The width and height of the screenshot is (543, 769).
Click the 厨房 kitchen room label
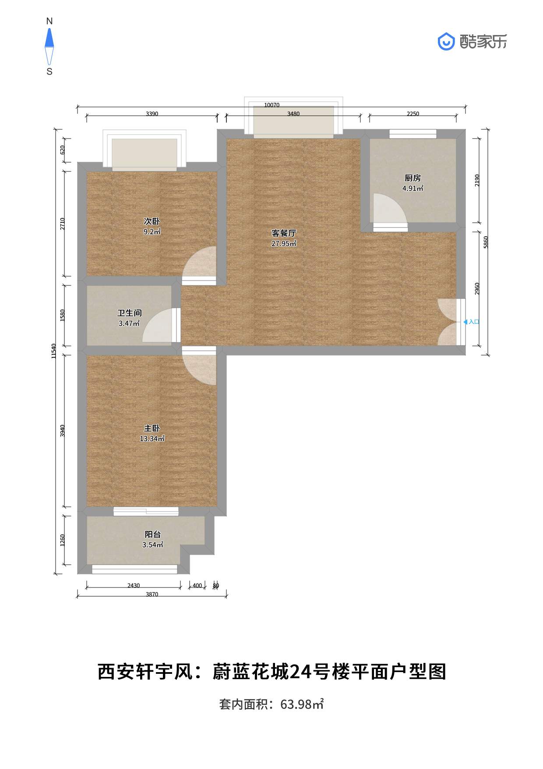(x=413, y=178)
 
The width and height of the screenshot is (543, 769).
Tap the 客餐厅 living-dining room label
(x=284, y=233)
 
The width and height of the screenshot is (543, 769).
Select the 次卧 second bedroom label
(x=152, y=221)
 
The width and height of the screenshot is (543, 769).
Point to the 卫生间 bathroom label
(x=129, y=313)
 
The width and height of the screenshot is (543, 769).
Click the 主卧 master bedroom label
(x=152, y=428)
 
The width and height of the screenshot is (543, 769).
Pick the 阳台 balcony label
(x=153, y=534)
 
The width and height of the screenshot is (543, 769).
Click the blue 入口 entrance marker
(x=472, y=322)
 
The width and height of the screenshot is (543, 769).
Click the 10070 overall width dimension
(x=271, y=105)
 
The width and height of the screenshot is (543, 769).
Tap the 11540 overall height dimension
(x=54, y=351)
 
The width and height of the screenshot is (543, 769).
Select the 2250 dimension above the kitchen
(x=413, y=114)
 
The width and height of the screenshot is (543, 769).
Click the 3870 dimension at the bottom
(x=152, y=595)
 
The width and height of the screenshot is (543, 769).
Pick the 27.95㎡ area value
(x=284, y=244)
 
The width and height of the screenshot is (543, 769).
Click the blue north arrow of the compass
(x=49, y=38)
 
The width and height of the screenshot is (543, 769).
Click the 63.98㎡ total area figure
(x=302, y=705)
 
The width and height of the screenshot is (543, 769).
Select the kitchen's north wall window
(x=413, y=134)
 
